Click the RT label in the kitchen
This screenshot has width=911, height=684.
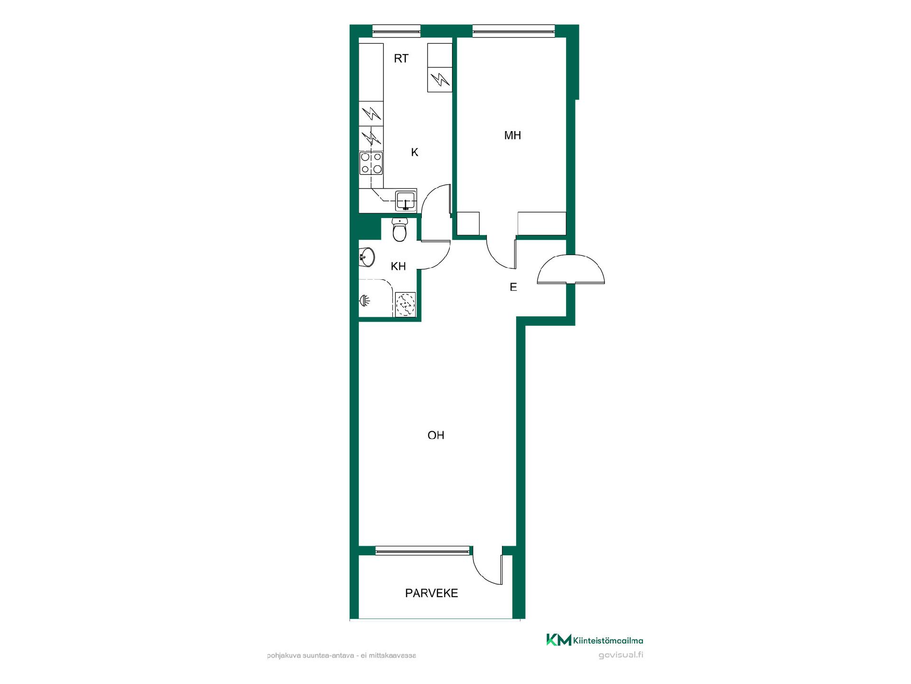click(x=401, y=58)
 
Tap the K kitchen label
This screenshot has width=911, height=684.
click(x=415, y=152)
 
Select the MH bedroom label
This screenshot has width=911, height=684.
click(x=512, y=135)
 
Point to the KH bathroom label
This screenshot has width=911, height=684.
click(x=398, y=266)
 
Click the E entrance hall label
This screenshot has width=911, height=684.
click(x=513, y=287)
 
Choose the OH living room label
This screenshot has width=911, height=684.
click(x=436, y=435)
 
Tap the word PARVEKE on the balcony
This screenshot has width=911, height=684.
click(x=431, y=593)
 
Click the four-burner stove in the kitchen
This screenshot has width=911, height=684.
click(x=371, y=163)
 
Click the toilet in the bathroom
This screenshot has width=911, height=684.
click(x=400, y=230)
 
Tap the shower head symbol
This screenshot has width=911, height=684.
click(x=364, y=300)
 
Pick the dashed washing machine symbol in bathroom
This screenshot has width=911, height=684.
click(x=405, y=304)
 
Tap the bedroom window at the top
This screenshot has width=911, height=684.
click(x=513, y=31)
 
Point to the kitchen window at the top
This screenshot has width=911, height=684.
click(x=396, y=31)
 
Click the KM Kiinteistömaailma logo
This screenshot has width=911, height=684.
click(x=595, y=640)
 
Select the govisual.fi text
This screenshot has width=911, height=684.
click(x=621, y=655)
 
